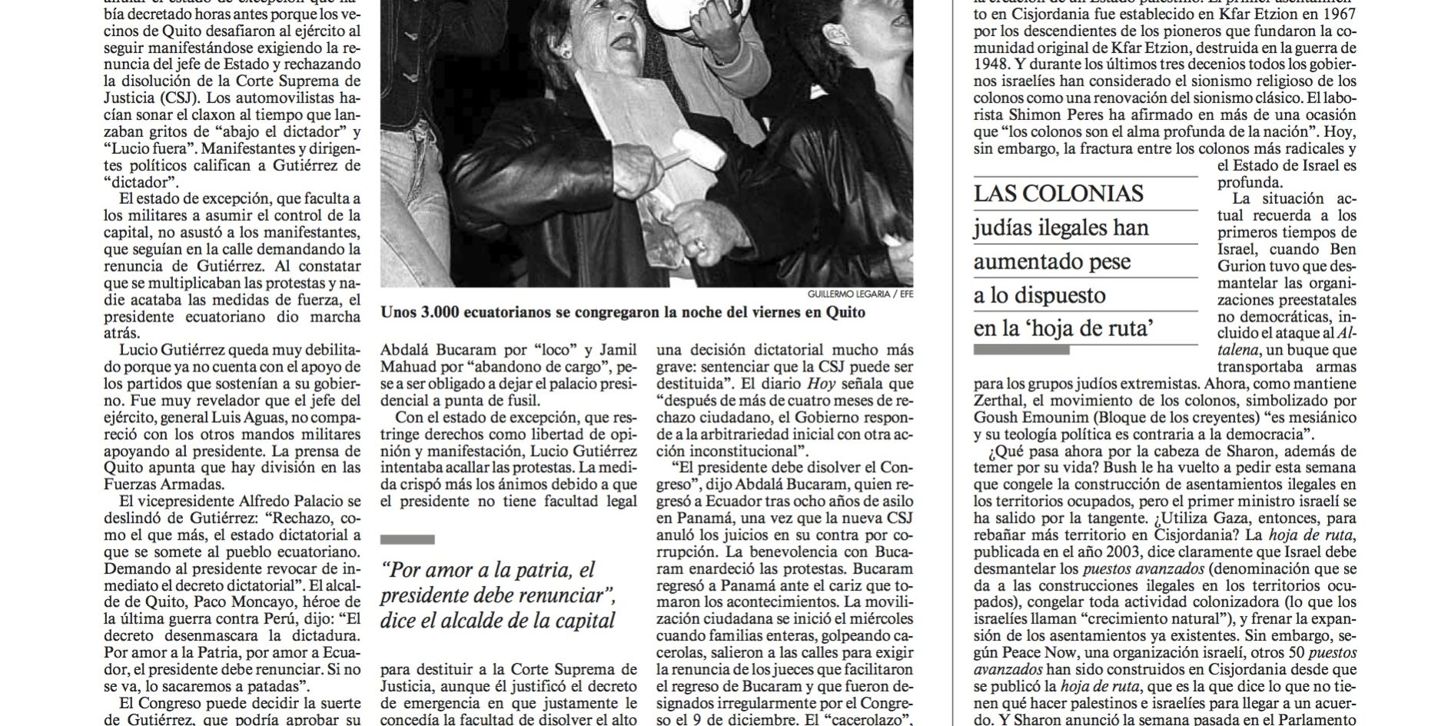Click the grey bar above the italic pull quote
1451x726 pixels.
click(x=407, y=539)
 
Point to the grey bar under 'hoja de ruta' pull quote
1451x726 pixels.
click(x=1021, y=349)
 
